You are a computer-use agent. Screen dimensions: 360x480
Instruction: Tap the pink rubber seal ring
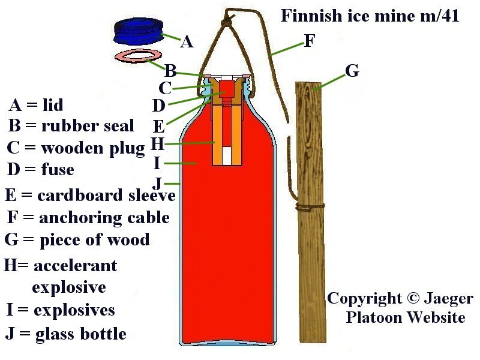[x=133, y=56]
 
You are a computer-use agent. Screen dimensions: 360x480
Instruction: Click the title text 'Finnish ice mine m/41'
[x=370, y=16]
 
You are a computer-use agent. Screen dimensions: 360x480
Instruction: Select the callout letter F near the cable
[x=310, y=41]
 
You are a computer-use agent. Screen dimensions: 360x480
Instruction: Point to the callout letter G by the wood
[x=352, y=71]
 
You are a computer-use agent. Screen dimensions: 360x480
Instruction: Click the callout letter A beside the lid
[x=187, y=42]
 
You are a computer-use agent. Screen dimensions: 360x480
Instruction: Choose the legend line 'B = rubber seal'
[x=71, y=126]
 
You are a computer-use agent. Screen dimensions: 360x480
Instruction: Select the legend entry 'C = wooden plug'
[x=76, y=148]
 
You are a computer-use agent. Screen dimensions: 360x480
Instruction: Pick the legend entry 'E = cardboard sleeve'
[x=89, y=195]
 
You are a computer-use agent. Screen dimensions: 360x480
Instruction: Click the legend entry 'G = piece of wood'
[x=77, y=240]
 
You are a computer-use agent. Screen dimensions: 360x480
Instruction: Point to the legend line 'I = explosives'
[x=59, y=310]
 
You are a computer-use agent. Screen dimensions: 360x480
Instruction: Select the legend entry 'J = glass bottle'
[x=65, y=333]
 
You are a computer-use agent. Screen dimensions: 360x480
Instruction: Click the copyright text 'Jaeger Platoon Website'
[x=400, y=307]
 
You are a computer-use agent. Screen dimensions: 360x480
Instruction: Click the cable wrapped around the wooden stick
[x=311, y=207]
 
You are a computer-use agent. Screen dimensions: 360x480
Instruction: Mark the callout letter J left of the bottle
[x=157, y=182]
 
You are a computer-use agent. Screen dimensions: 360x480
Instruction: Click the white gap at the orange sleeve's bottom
[x=226, y=156]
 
